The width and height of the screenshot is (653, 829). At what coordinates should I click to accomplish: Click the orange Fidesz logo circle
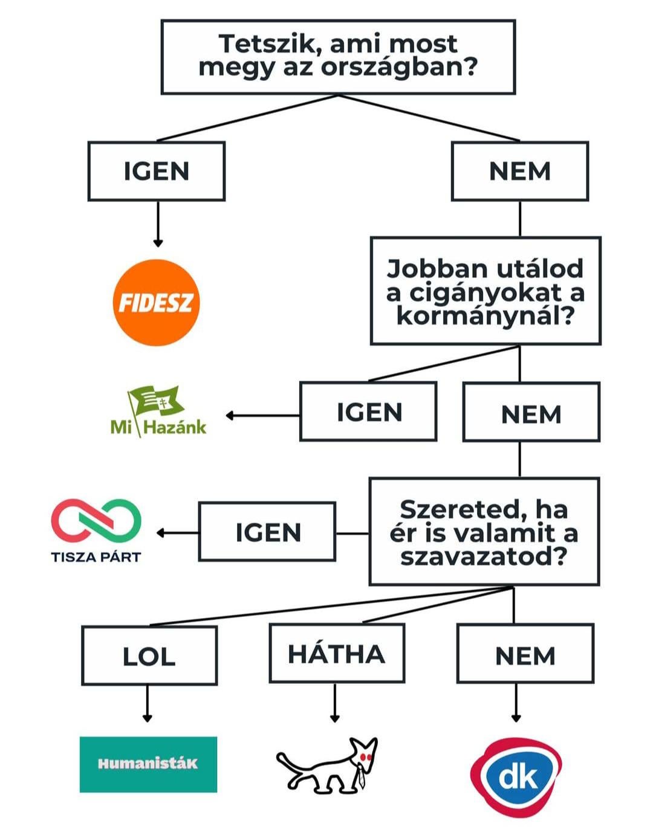(156, 303)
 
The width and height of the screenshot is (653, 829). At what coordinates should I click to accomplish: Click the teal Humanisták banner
(148, 764)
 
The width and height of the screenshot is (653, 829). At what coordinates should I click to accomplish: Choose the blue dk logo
(516, 776)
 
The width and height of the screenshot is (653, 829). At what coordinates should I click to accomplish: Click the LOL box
(149, 656)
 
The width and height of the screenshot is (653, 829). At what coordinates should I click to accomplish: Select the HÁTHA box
(337, 654)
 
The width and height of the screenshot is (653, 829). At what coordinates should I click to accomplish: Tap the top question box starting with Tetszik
(338, 57)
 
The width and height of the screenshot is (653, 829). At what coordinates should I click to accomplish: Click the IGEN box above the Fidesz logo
(157, 171)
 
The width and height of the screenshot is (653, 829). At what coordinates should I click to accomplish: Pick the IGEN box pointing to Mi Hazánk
(368, 412)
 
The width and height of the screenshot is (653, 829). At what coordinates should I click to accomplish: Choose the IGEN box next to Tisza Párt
(267, 532)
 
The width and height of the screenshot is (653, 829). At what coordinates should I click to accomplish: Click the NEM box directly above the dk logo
(525, 655)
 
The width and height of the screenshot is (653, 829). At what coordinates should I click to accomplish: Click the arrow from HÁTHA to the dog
(334, 704)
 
